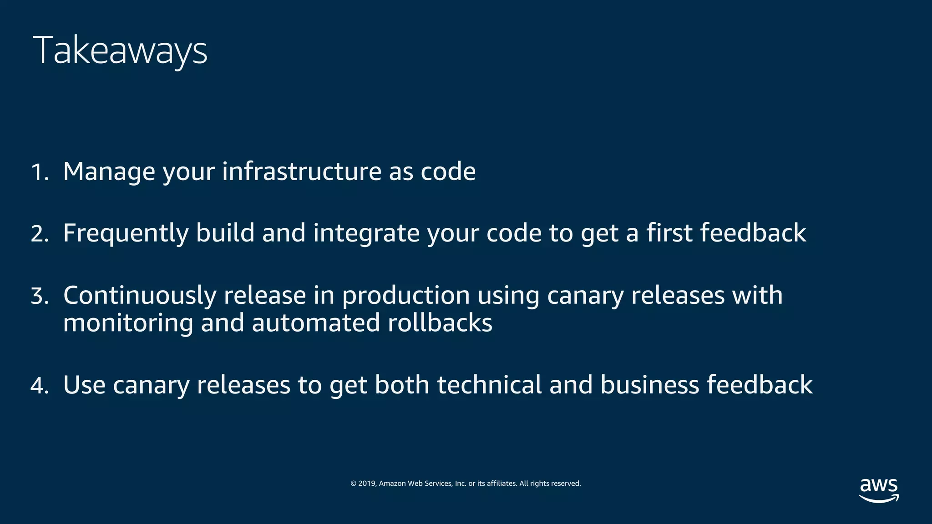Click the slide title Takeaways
[x=120, y=50]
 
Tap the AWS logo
[x=879, y=490]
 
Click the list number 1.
[x=39, y=172]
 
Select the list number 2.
[x=40, y=234]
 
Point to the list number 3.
[x=40, y=296]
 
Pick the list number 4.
[x=40, y=386]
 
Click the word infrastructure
[x=301, y=171]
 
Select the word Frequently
[x=126, y=234]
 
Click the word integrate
[x=366, y=234]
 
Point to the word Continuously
[x=139, y=296]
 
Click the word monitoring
[x=128, y=324]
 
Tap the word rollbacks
[x=440, y=323]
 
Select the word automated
[x=315, y=323]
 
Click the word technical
[x=489, y=385]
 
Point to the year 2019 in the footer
[x=366, y=484]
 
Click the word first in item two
[x=669, y=233]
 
